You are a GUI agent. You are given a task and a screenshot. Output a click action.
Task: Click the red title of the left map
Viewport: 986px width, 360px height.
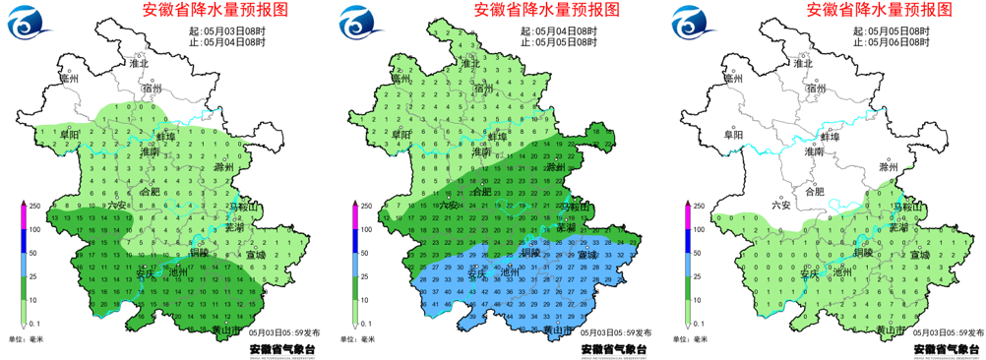tap(216, 11)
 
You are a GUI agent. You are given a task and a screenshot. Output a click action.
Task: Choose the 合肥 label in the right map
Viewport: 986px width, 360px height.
tap(815, 192)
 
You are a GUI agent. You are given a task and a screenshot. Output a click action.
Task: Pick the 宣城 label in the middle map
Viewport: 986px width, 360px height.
tap(587, 255)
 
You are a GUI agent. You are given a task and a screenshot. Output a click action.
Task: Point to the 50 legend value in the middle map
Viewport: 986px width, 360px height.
tap(368, 253)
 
